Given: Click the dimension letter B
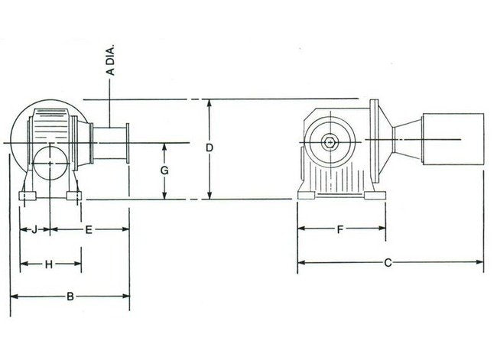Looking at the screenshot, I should [x=70, y=297].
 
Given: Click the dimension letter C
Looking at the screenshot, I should [x=388, y=263].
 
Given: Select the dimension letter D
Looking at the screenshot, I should [x=209, y=147].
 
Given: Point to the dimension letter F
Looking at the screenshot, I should [x=339, y=229].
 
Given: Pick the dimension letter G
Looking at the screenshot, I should [x=164, y=171].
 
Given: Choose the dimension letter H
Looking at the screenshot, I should [x=48, y=264].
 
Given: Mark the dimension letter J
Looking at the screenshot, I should [x=34, y=229].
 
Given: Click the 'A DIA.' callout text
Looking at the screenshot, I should [x=111, y=61].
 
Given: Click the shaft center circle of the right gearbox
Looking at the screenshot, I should [x=329, y=141].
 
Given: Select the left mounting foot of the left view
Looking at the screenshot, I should [x=28, y=196].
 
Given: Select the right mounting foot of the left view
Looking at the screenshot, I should [x=73, y=196].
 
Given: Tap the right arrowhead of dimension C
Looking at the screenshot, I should [x=481, y=263].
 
